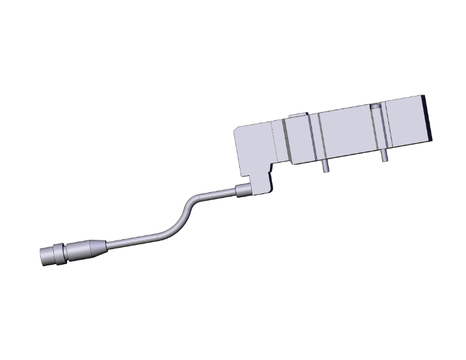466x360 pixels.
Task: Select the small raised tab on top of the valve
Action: [x=298, y=115]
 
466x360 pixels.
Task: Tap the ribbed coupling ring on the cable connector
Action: [x=60, y=253]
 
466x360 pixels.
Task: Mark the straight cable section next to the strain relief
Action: [x=128, y=241]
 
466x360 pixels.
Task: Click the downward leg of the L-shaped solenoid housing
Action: [x=259, y=178]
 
